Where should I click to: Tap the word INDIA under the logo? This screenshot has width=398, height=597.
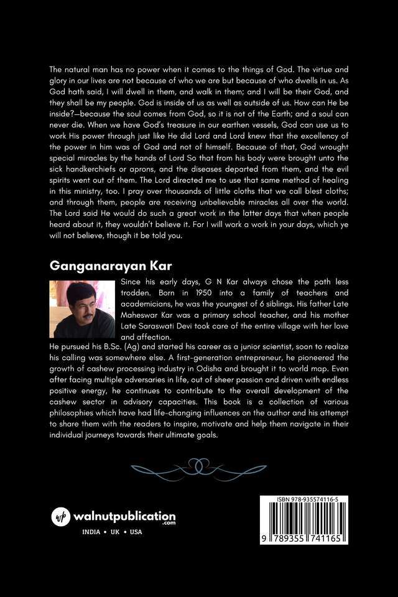click(x=93, y=533)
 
